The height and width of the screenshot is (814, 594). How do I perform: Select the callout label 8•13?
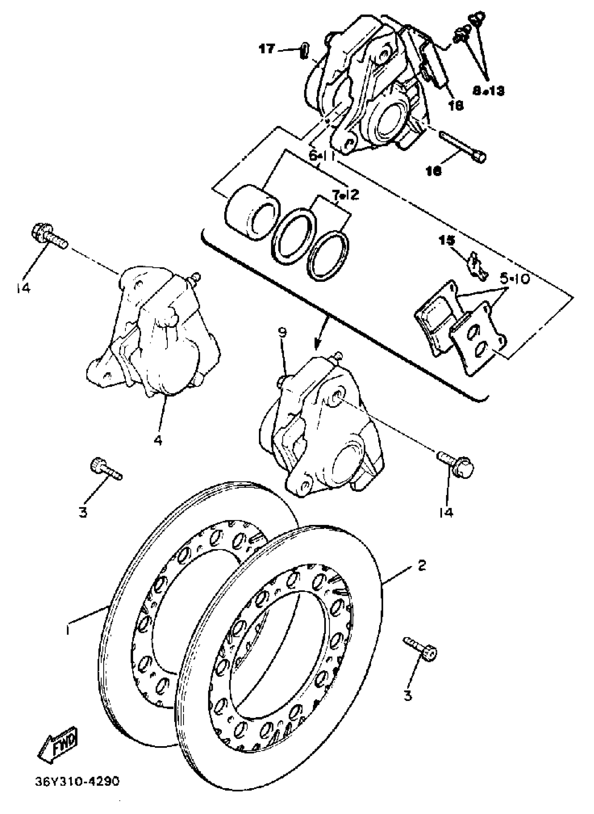click(x=488, y=91)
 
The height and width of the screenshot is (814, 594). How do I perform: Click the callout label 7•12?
click(x=346, y=195)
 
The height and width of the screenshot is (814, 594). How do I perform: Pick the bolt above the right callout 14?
click(x=457, y=464)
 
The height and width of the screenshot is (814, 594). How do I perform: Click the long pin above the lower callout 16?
click(x=462, y=145)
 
